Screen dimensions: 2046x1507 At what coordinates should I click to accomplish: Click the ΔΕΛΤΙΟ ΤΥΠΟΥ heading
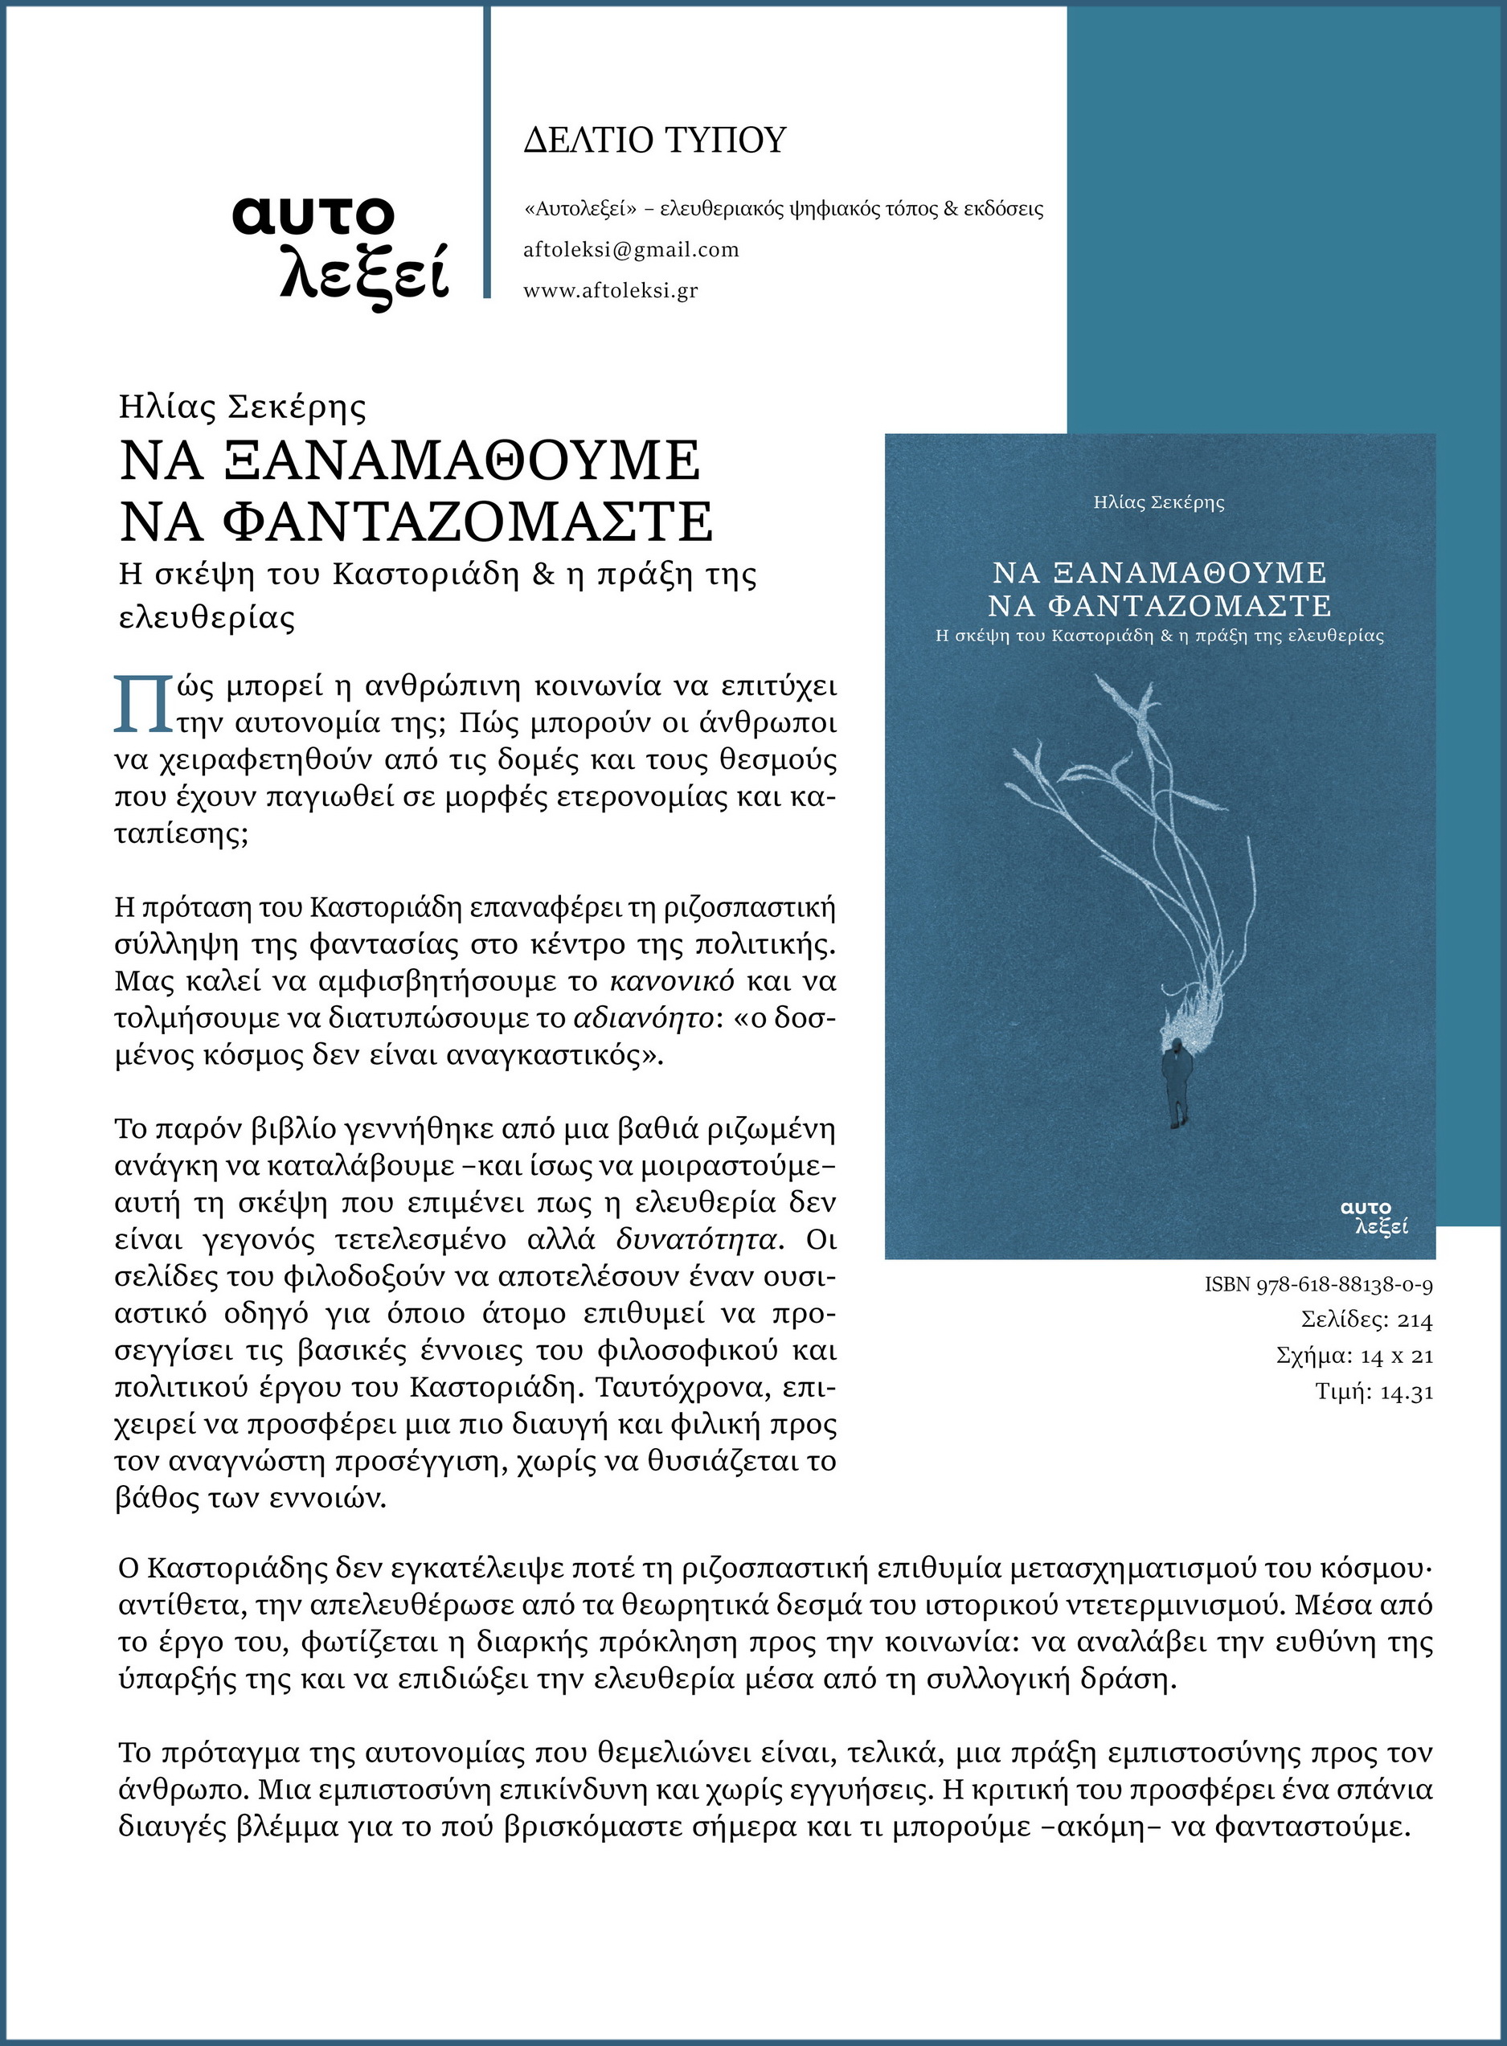pos(654,141)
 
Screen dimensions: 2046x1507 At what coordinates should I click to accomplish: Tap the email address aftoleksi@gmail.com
pos(630,250)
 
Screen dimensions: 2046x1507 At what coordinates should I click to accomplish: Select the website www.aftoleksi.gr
pos(610,291)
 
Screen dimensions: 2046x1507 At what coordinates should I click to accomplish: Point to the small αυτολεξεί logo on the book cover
pos(1374,1217)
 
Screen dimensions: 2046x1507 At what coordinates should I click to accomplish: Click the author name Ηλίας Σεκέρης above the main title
pos(242,407)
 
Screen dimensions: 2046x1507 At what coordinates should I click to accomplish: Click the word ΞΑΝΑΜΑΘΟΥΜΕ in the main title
pos(461,460)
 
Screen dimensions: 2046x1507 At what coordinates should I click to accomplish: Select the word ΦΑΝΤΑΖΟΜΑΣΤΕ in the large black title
pos(467,521)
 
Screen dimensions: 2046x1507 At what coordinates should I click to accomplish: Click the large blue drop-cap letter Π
pos(142,704)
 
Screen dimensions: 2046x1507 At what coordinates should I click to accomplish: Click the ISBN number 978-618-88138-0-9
pos(1345,1285)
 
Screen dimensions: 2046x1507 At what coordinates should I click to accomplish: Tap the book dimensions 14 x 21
pos(1396,1356)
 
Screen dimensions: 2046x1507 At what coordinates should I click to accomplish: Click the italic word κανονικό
pos(671,981)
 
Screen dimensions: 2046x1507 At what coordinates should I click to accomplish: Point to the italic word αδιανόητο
pos(643,1018)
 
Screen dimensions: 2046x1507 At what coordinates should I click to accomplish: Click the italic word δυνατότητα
pos(698,1241)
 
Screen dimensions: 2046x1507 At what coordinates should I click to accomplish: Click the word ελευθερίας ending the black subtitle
pos(208,619)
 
